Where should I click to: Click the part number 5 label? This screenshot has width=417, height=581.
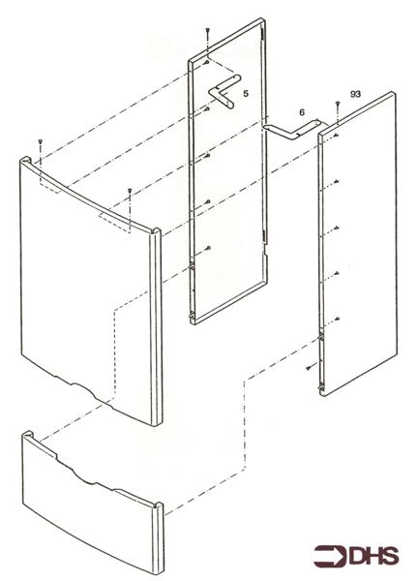(x=246, y=94)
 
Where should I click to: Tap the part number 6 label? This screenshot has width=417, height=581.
(x=302, y=112)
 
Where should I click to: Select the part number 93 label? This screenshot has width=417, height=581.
(x=355, y=94)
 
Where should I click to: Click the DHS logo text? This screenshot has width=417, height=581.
(x=374, y=557)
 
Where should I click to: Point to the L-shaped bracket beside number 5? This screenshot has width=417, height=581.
(x=223, y=92)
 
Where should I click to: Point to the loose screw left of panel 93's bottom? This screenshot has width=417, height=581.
(x=309, y=368)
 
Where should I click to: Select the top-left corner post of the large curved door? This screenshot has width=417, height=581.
(x=26, y=161)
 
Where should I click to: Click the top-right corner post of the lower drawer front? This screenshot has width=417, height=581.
(x=158, y=506)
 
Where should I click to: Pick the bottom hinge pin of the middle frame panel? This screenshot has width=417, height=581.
(x=192, y=316)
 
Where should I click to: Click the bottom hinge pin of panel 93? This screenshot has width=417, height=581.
(x=320, y=387)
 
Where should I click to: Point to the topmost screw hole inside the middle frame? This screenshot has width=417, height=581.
(x=207, y=62)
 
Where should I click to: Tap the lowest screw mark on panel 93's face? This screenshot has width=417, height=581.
(x=337, y=319)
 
